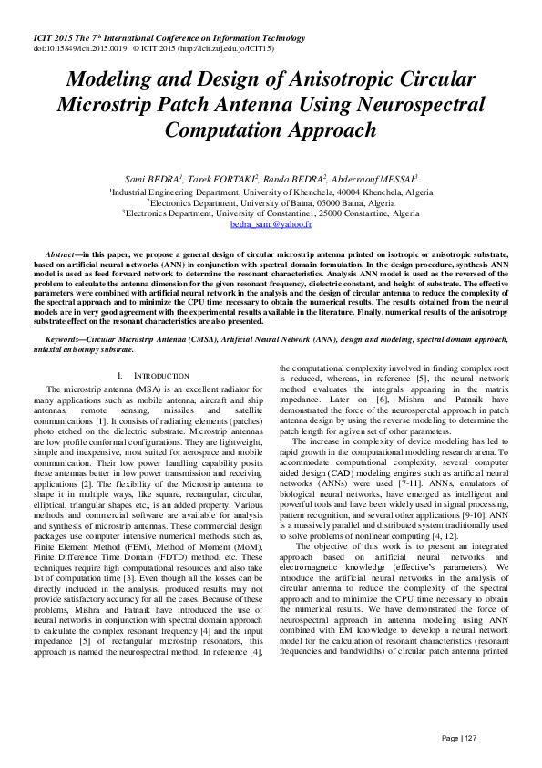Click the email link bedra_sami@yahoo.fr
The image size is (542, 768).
click(x=271, y=223)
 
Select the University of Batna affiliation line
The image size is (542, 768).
click(x=271, y=202)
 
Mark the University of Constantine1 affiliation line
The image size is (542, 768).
click(x=271, y=213)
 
